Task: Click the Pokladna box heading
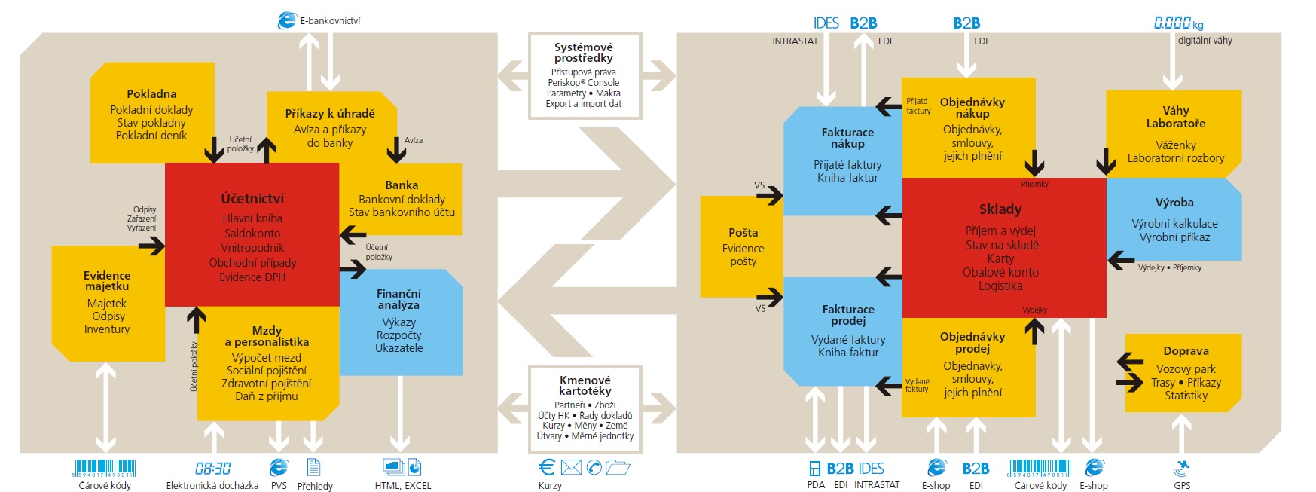point(151,94)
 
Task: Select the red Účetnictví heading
point(252,199)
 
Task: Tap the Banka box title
point(402,185)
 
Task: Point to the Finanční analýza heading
point(398,299)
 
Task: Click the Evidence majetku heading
point(107,281)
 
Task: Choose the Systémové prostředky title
point(584,53)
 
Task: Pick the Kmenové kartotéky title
point(585,386)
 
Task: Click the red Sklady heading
point(1000,209)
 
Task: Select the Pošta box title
point(743,233)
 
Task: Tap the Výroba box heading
point(1174,203)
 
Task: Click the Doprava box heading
point(1186,351)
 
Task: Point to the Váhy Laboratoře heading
point(1176,117)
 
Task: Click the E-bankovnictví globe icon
point(287,20)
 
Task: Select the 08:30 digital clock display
point(213,469)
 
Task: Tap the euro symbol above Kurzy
point(547,467)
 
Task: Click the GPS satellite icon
point(1181,469)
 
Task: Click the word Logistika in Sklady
point(1000,286)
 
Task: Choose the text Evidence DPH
point(252,277)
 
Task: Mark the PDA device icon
point(815,469)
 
